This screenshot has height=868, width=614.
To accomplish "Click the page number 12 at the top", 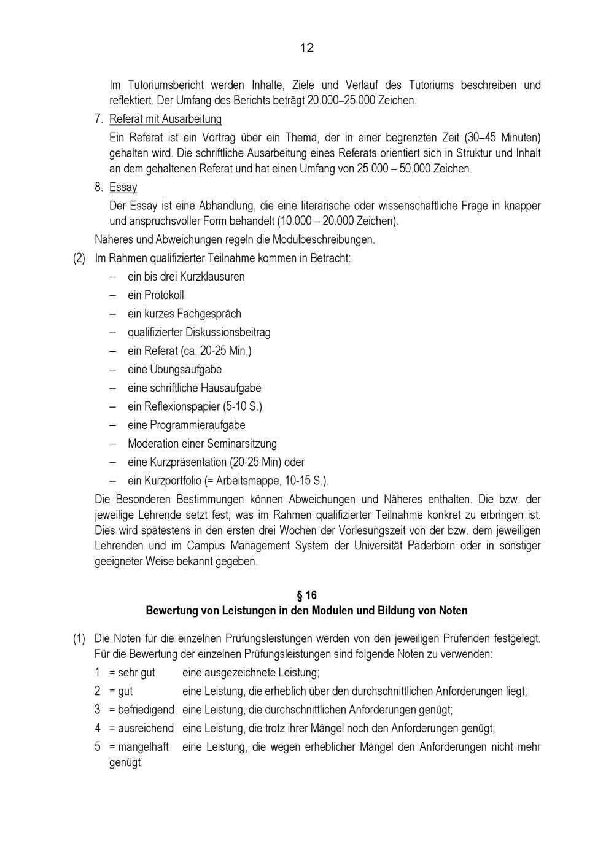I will coord(307,48).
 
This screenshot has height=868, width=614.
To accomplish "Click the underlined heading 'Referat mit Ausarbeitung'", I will coord(165,119).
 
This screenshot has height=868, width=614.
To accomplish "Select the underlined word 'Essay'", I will coord(123,187).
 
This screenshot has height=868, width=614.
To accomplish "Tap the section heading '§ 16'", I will coord(306,595).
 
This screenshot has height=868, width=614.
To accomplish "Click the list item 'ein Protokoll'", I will coord(155,295).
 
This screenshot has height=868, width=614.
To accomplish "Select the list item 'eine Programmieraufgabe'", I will coord(186,425).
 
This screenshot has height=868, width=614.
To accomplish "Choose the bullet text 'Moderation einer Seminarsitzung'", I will coord(202,443).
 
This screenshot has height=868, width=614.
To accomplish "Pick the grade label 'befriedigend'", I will coord(146,710).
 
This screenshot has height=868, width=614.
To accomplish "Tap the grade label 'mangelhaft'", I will coord(143,747).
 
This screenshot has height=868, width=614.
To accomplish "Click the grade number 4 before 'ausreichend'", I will coord(98,729).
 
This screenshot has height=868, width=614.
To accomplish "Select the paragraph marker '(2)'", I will coord(79,258).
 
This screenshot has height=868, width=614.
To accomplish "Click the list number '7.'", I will coord(99,119).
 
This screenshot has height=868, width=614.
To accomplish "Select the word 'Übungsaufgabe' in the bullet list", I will coord(190,370).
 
